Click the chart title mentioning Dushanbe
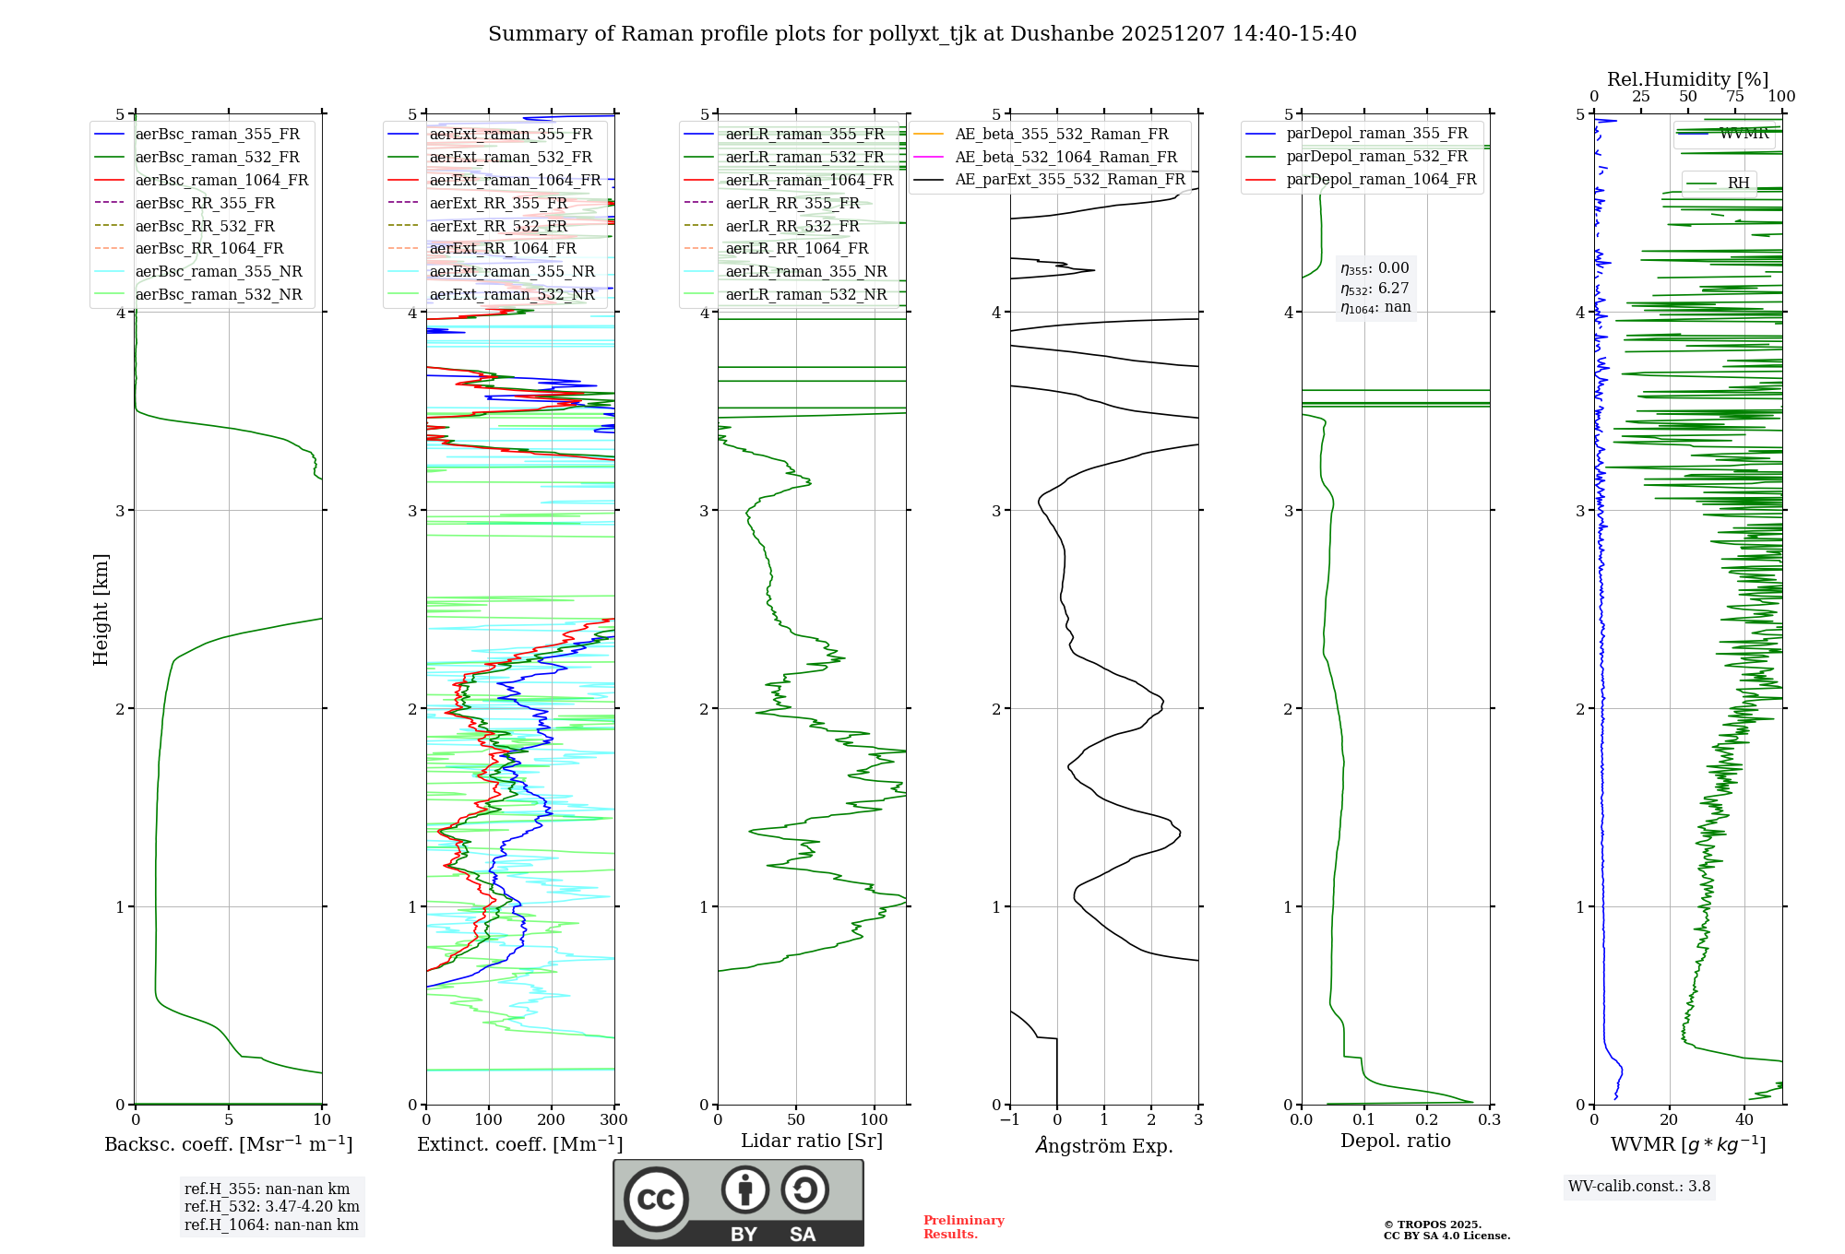[922, 34]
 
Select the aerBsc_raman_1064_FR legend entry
[221, 180]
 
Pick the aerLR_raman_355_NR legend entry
[805, 271]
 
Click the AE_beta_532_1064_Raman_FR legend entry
[1065, 157]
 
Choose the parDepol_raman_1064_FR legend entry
[1381, 179]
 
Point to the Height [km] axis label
[101, 609]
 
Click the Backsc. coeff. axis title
[228, 1144]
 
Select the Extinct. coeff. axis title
[519, 1144]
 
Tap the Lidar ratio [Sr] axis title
[811, 1141]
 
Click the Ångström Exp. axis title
[1103, 1145]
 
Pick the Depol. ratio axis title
[1395, 1141]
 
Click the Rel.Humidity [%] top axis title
[1687, 79]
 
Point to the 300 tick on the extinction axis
[613, 1120]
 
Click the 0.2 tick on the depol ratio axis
[1426, 1120]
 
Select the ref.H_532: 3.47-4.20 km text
[271, 1206]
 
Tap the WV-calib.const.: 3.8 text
[1638, 1186]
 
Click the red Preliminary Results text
[963, 1226]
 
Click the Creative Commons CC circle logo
[656, 1199]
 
